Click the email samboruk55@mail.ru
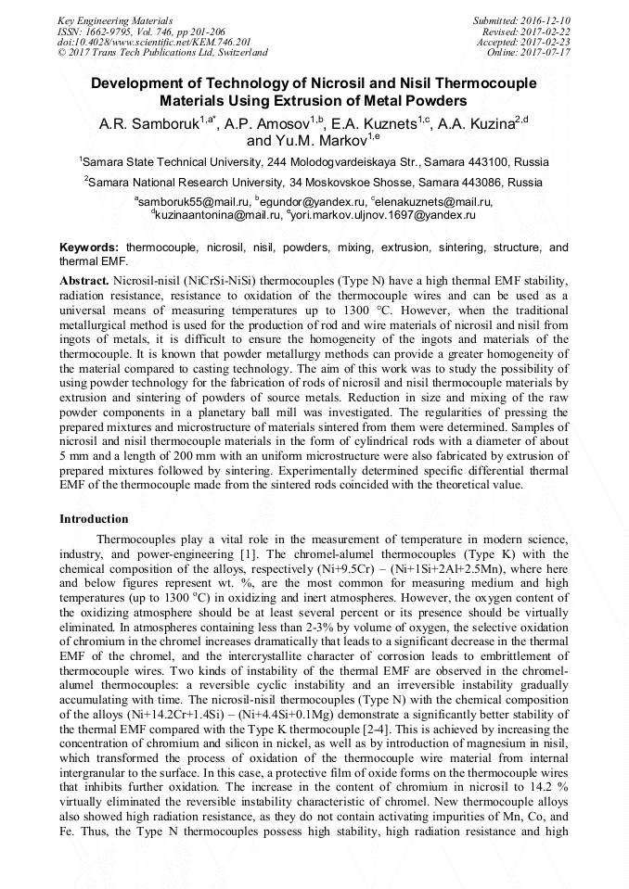point(184,202)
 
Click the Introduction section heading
point(94,519)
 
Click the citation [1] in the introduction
point(248,553)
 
